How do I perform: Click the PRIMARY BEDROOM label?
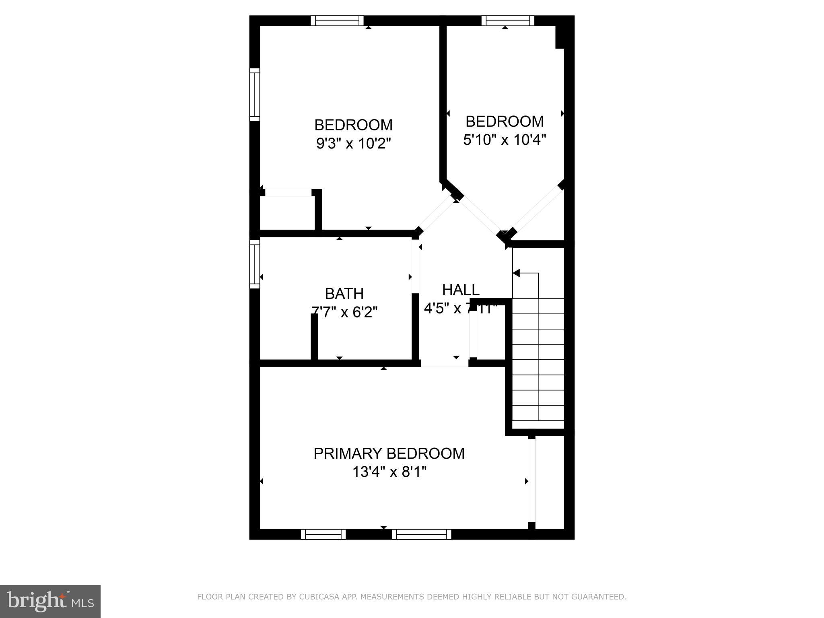[389, 453]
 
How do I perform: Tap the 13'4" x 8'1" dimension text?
[389, 472]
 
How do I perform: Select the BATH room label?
[344, 294]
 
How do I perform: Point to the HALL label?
[461, 290]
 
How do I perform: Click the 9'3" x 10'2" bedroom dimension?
[353, 143]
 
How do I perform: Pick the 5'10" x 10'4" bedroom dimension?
[505, 140]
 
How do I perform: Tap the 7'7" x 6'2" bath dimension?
[345, 312]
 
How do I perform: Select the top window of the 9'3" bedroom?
[337, 21]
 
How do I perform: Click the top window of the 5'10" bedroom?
[507, 21]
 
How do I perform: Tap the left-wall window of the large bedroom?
[254, 94]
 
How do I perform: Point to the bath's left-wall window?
[254, 264]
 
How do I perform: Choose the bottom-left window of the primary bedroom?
[323, 534]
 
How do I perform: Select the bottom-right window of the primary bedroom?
[421, 534]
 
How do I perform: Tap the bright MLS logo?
[50, 601]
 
